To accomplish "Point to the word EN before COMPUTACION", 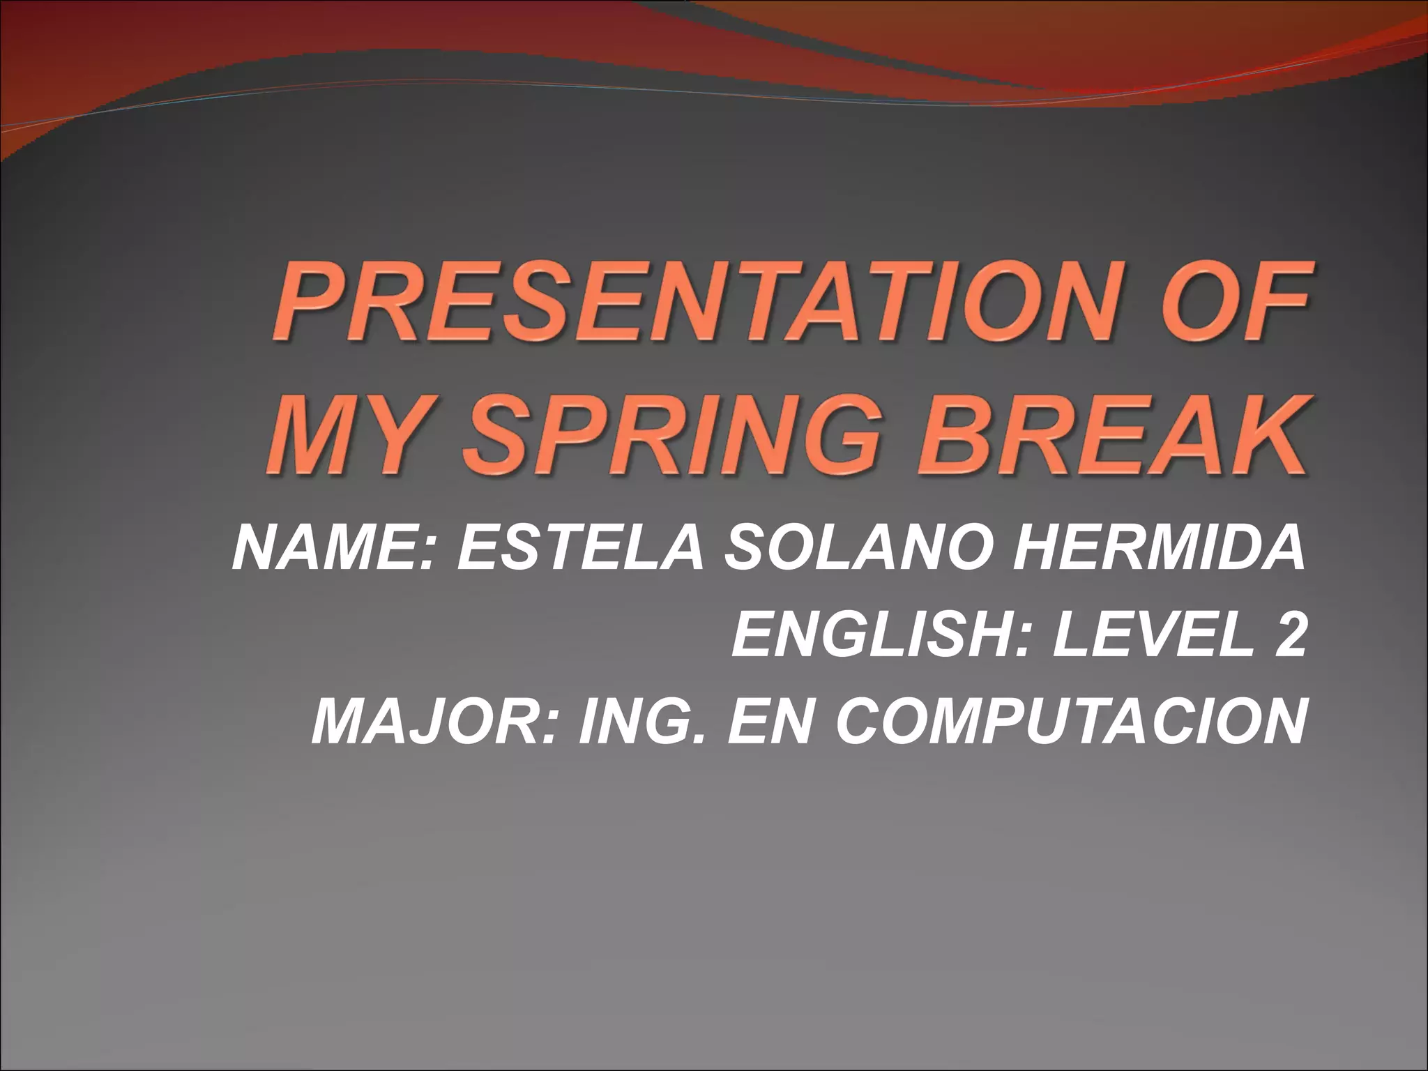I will click(x=766, y=721).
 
